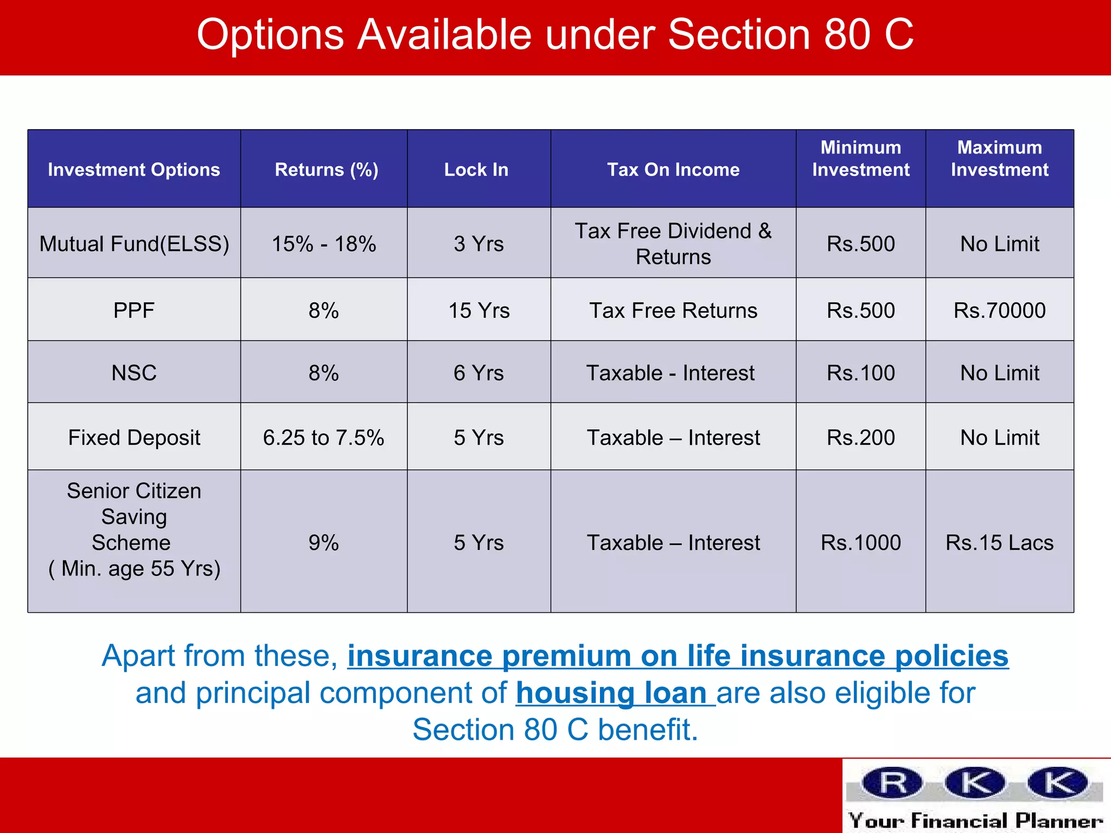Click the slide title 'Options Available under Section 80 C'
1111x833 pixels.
coord(555,35)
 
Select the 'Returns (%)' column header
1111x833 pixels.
coord(326,170)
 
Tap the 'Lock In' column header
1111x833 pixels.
coord(476,170)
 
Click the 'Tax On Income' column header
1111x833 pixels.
coord(673,170)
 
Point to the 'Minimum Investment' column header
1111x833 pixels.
coord(860,158)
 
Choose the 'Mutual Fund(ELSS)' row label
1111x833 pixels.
coord(134,244)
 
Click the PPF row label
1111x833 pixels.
coord(134,311)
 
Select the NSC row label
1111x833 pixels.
coord(134,373)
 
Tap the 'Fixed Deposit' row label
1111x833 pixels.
coord(134,438)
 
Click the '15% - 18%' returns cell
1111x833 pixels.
coord(324,244)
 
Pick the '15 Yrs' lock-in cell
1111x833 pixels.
coord(479,311)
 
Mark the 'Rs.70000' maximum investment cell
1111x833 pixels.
coord(999,311)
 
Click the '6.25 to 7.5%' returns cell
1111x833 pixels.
coord(324,438)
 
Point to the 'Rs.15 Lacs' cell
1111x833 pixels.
coord(999,543)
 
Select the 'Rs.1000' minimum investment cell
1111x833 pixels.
coord(860,543)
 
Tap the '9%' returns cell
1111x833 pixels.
coord(324,543)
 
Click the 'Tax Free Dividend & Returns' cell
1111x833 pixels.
coord(673,244)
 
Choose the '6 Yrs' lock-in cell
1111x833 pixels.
coord(479,373)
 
